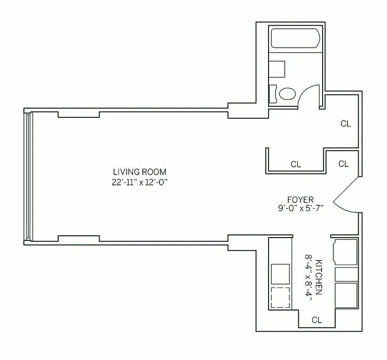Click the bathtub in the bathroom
click(x=296, y=39)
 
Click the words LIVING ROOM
click(x=140, y=172)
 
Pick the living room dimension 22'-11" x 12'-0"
click(x=140, y=182)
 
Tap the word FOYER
click(x=300, y=200)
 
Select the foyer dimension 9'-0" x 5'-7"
click(x=300, y=208)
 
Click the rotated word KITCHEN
click(x=319, y=277)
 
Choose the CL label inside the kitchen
click(x=317, y=320)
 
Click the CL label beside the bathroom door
click(x=346, y=124)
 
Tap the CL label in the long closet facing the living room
click(x=296, y=165)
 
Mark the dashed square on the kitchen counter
click(x=280, y=297)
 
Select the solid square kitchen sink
click(x=280, y=273)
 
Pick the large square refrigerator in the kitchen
click(x=346, y=295)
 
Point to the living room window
click(x=29, y=176)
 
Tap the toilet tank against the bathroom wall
click(x=273, y=94)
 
